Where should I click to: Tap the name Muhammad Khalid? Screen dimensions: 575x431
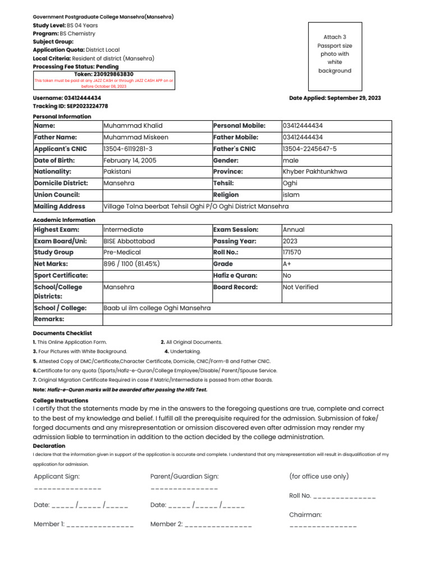(x=133, y=126)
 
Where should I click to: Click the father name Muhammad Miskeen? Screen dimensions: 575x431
(x=135, y=137)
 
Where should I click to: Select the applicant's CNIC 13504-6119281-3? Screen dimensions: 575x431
(x=128, y=149)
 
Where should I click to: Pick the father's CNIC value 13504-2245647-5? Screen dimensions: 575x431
(x=310, y=149)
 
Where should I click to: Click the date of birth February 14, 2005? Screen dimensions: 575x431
(x=130, y=160)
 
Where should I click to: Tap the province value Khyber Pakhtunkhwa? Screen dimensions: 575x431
(x=315, y=172)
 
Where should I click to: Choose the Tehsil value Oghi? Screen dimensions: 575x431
(x=290, y=183)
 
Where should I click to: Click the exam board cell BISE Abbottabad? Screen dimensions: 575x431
(x=129, y=241)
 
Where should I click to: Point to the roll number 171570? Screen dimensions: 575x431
(x=292, y=252)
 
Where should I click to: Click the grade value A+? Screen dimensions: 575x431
(x=287, y=264)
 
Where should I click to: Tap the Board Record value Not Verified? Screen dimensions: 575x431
(x=300, y=287)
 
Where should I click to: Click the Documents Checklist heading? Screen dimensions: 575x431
(x=62, y=333)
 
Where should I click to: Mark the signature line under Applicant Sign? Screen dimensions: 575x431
(x=67, y=489)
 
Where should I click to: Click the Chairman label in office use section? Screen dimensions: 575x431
(x=305, y=514)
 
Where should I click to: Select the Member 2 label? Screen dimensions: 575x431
(x=167, y=524)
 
